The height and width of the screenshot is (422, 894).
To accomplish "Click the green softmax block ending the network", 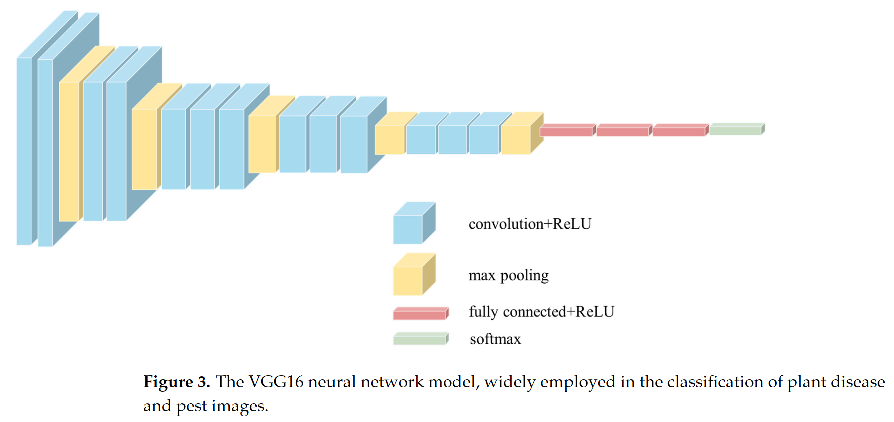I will pos(735,130).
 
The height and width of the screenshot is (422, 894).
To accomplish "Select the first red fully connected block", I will pos(566,131).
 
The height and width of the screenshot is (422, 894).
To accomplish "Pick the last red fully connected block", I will pos(679,131).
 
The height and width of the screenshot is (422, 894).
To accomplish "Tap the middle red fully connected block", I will pos(623,131).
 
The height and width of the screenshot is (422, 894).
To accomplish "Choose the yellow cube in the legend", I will pos(408,280).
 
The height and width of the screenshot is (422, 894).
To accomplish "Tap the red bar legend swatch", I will pos(419,314).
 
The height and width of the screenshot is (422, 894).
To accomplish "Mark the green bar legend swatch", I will pos(419,340).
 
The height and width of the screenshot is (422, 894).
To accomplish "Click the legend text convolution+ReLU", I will pos(530,224).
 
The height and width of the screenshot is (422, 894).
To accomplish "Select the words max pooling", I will pos(508,275).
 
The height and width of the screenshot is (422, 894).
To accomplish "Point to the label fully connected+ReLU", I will pos(541,312).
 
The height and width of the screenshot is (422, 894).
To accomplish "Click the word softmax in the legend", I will pos(495,339).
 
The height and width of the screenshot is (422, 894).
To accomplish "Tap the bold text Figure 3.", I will pos(176,382).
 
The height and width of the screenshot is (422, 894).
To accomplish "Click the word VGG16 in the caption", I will pos(276,382).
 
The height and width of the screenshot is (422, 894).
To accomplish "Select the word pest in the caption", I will pos(191,406).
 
